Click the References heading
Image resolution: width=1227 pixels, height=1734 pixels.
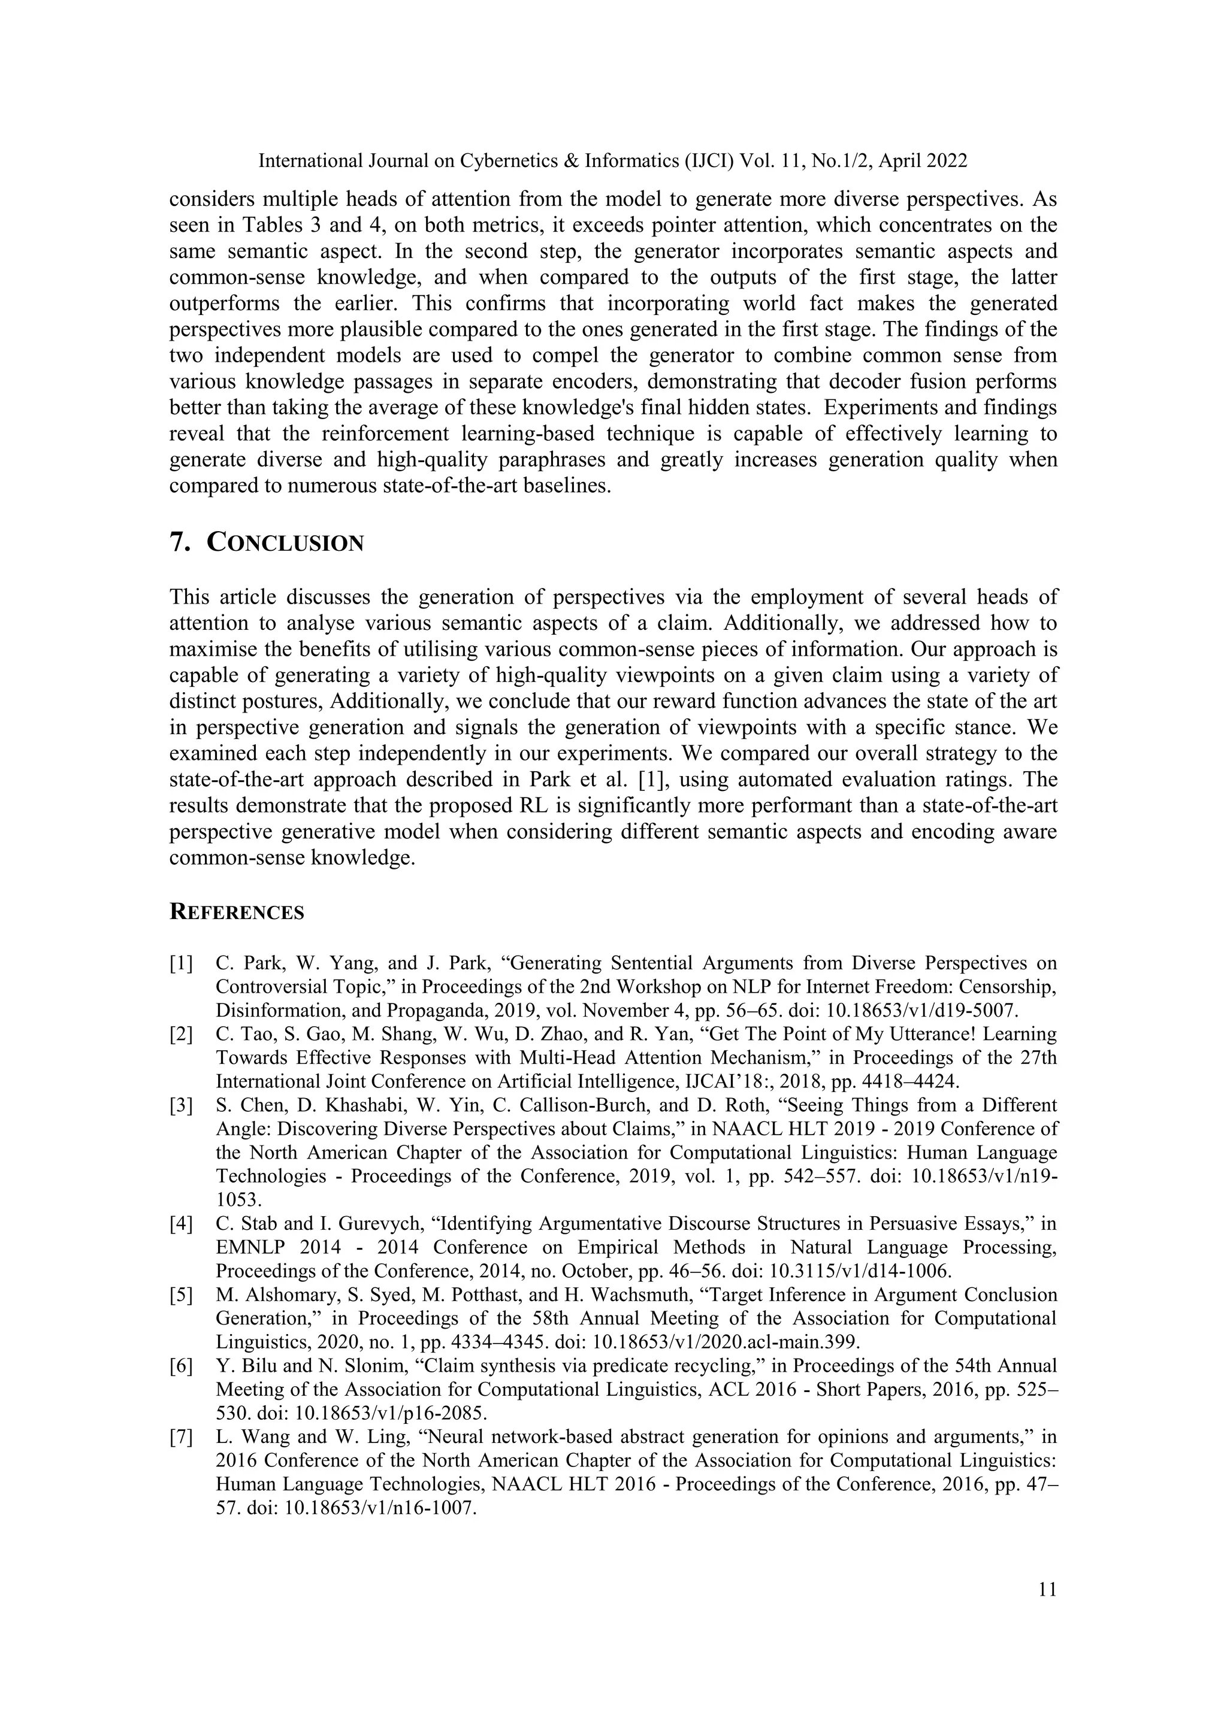[x=237, y=913]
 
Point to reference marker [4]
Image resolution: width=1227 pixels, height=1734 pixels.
[x=182, y=1223]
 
